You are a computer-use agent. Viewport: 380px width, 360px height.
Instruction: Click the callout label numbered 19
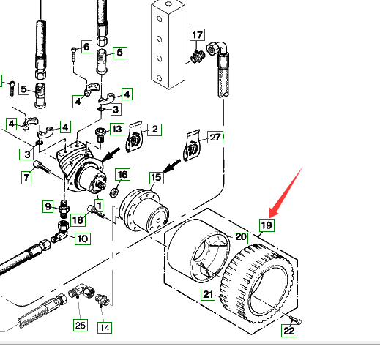click(x=267, y=225)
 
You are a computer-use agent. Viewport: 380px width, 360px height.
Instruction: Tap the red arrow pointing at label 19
click(x=286, y=192)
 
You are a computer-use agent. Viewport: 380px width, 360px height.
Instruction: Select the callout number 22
click(x=289, y=331)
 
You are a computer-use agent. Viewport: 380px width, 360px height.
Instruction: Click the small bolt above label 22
click(x=296, y=320)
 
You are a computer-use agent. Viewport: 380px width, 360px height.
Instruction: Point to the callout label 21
click(x=208, y=294)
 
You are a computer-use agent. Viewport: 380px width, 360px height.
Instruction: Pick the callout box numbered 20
click(x=241, y=237)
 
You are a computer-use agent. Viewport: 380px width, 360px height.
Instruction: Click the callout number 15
click(x=157, y=178)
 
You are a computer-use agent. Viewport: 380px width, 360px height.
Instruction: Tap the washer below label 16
click(x=114, y=192)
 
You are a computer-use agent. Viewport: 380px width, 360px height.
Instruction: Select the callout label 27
click(x=215, y=138)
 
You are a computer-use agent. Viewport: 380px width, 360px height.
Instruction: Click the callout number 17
click(x=197, y=35)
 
